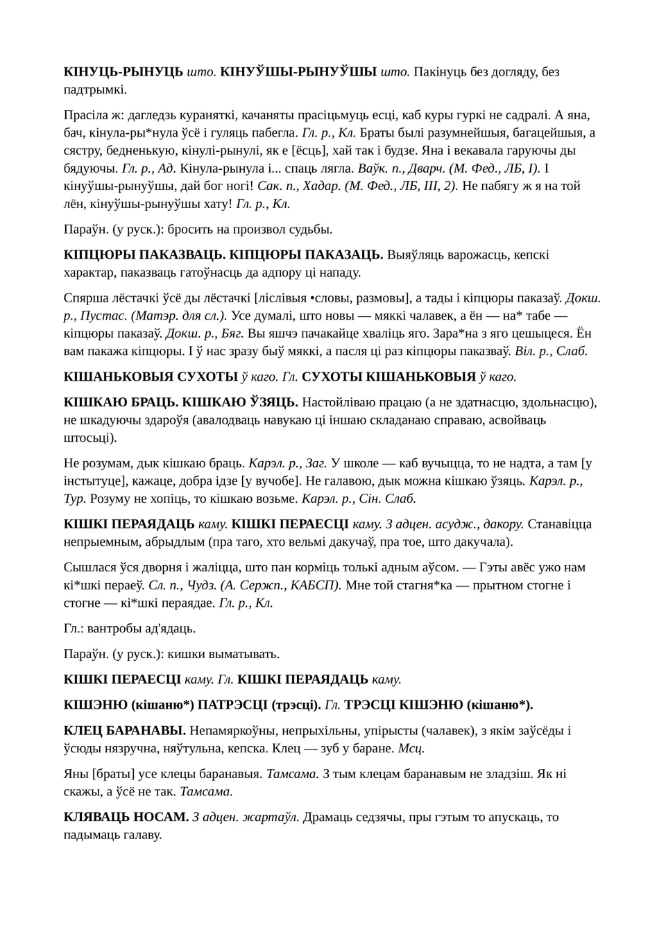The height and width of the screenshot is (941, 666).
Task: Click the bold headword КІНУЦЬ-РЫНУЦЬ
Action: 123,71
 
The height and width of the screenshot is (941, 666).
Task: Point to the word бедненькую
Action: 135,150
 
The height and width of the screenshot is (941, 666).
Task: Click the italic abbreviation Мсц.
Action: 413,748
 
